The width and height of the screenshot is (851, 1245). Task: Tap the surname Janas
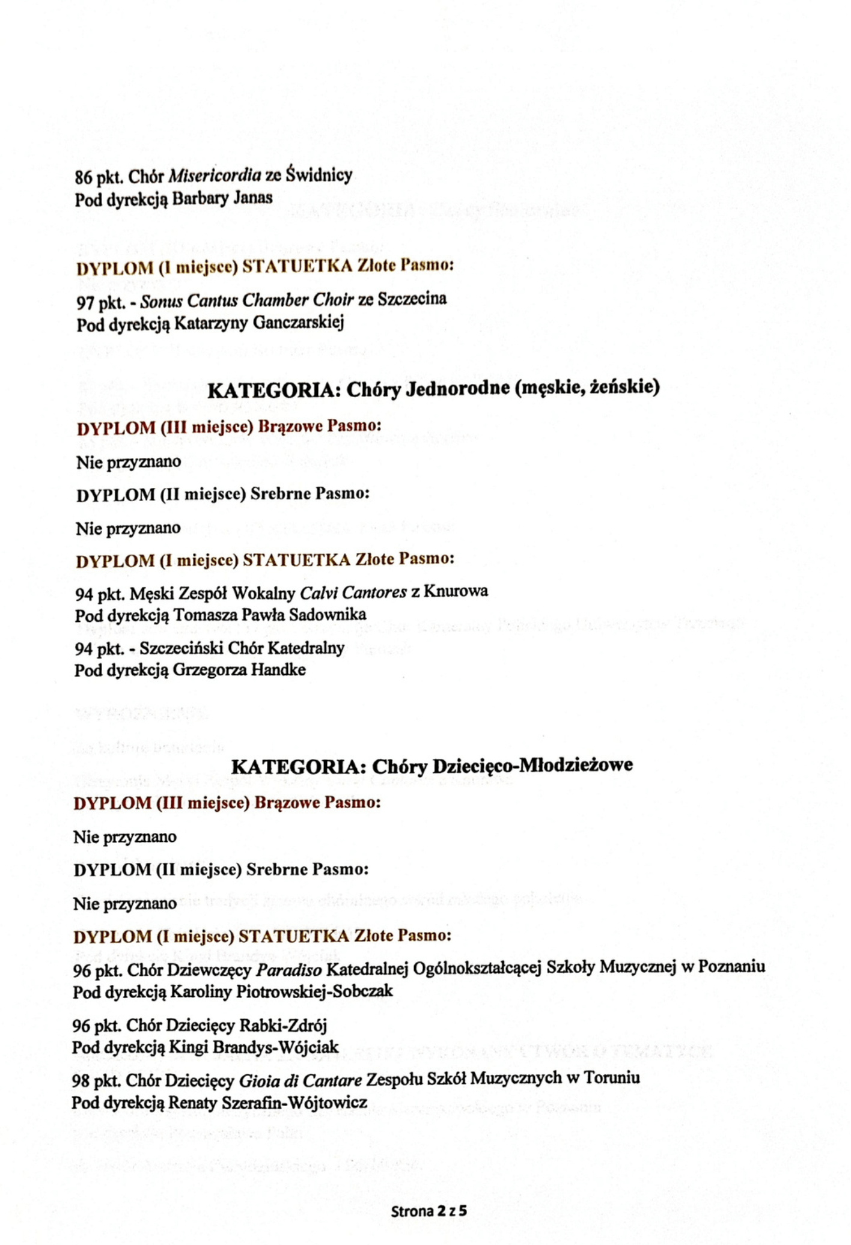(x=253, y=198)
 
